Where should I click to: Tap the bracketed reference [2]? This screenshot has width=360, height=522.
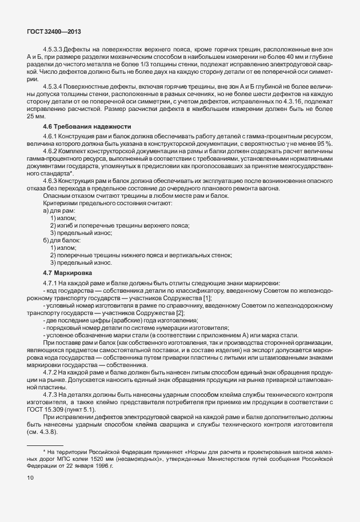click(180, 313)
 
